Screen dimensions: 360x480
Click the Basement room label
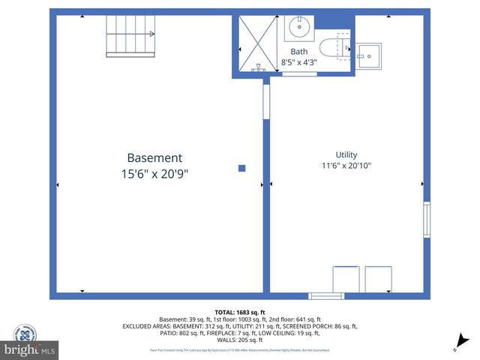[154, 157]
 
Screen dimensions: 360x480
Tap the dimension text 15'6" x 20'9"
[154, 174]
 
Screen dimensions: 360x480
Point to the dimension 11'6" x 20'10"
[346, 166]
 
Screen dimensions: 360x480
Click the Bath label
[298, 52]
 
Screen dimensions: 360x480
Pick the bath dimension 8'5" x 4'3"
[298, 61]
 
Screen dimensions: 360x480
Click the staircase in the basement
[129, 34]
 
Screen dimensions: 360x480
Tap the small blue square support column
[241, 169]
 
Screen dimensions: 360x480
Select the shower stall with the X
[257, 43]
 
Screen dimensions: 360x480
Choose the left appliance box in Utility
[346, 280]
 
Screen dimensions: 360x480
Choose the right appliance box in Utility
[378, 280]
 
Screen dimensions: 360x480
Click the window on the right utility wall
[427, 220]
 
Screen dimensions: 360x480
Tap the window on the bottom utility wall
[326, 295]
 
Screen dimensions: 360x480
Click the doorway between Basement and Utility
[265, 101]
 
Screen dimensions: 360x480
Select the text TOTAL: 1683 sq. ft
[240, 312]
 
